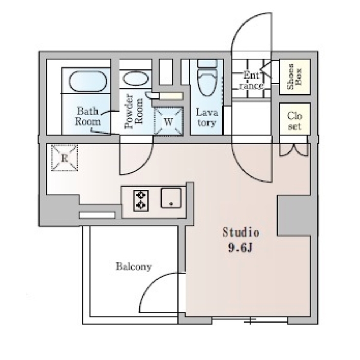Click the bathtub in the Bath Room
click(x=88, y=81)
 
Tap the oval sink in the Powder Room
click(x=135, y=78)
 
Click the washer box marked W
click(x=168, y=121)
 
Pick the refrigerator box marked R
click(x=64, y=158)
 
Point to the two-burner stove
click(x=141, y=201)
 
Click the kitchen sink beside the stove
click(x=171, y=198)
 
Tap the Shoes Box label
click(x=295, y=77)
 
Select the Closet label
click(x=295, y=121)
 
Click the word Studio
click(x=241, y=232)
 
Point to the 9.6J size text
click(x=240, y=247)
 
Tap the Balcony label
click(x=134, y=266)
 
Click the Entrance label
click(x=251, y=81)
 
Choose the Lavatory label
click(x=207, y=117)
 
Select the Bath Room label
click(x=88, y=116)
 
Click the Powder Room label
click(x=134, y=111)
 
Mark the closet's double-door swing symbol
click(x=294, y=151)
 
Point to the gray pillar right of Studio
click(x=294, y=215)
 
